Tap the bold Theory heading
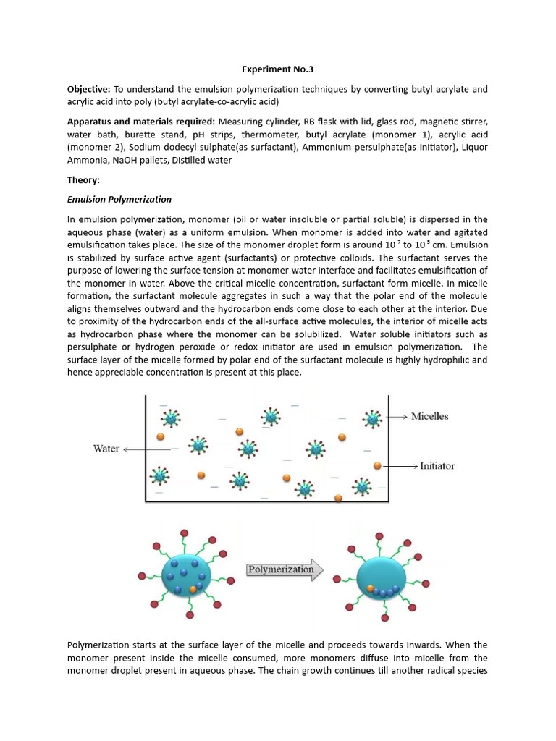click(83, 179)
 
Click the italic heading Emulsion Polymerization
click(119, 199)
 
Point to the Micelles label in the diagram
click(429, 416)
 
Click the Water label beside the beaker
click(106, 449)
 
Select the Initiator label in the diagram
click(437, 466)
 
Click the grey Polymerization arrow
click(283, 569)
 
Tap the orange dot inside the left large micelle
click(192, 589)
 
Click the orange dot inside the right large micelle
click(370, 588)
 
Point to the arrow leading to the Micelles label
click(398, 417)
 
